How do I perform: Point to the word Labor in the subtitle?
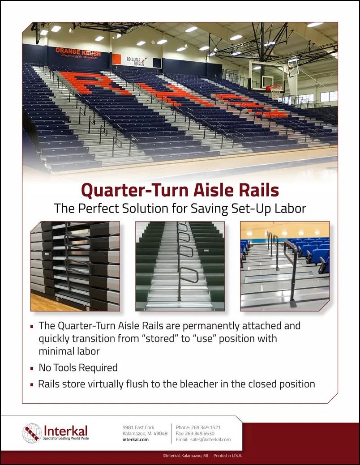pos(291,209)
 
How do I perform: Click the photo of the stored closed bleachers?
pos(75,266)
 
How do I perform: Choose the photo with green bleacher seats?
pos(180,266)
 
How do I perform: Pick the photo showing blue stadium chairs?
pos(285,266)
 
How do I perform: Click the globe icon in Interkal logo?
pos(32,433)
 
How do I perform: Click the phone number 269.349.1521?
pos(206,427)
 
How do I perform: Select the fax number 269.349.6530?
pos(202,433)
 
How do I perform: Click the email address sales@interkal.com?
pos(210,439)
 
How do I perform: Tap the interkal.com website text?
pos(135,439)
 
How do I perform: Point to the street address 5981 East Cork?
pos(138,427)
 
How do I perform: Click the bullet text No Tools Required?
pos(78,368)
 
